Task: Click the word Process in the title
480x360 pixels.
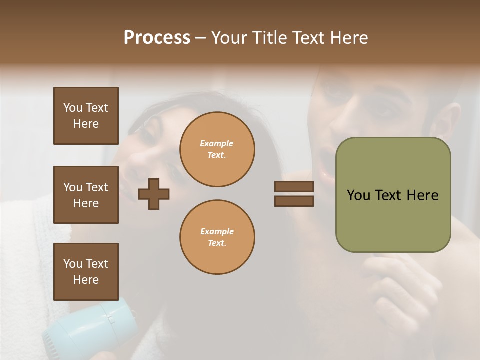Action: point(157,38)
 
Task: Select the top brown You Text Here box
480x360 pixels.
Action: point(86,116)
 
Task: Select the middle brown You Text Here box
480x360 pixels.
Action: point(86,195)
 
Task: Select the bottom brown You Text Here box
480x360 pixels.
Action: point(86,271)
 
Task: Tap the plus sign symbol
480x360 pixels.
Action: point(154,194)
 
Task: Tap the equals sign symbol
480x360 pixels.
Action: point(294,194)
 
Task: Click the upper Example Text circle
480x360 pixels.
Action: point(217,149)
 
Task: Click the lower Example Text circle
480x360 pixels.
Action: point(217,237)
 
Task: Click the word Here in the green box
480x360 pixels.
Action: point(422,195)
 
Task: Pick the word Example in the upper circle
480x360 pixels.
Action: point(217,143)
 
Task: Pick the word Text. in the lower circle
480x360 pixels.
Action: point(217,243)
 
